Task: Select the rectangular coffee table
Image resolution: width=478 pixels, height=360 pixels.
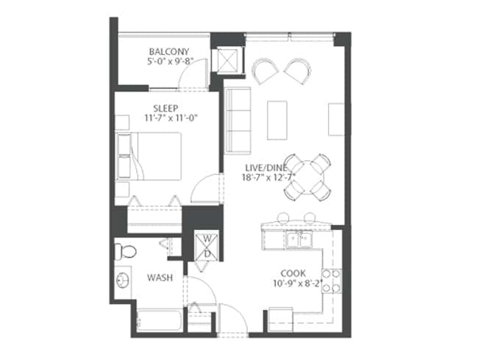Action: click(x=277, y=120)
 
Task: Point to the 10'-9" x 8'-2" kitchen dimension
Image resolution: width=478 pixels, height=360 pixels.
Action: click(x=298, y=283)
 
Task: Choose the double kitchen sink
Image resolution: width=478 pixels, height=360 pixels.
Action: click(x=299, y=239)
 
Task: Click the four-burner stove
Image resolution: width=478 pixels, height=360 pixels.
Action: click(x=332, y=281)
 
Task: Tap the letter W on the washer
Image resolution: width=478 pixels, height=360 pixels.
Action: click(x=207, y=239)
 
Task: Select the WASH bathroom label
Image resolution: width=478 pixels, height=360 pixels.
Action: click(x=160, y=278)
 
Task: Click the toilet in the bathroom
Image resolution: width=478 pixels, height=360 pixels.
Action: click(x=126, y=251)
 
